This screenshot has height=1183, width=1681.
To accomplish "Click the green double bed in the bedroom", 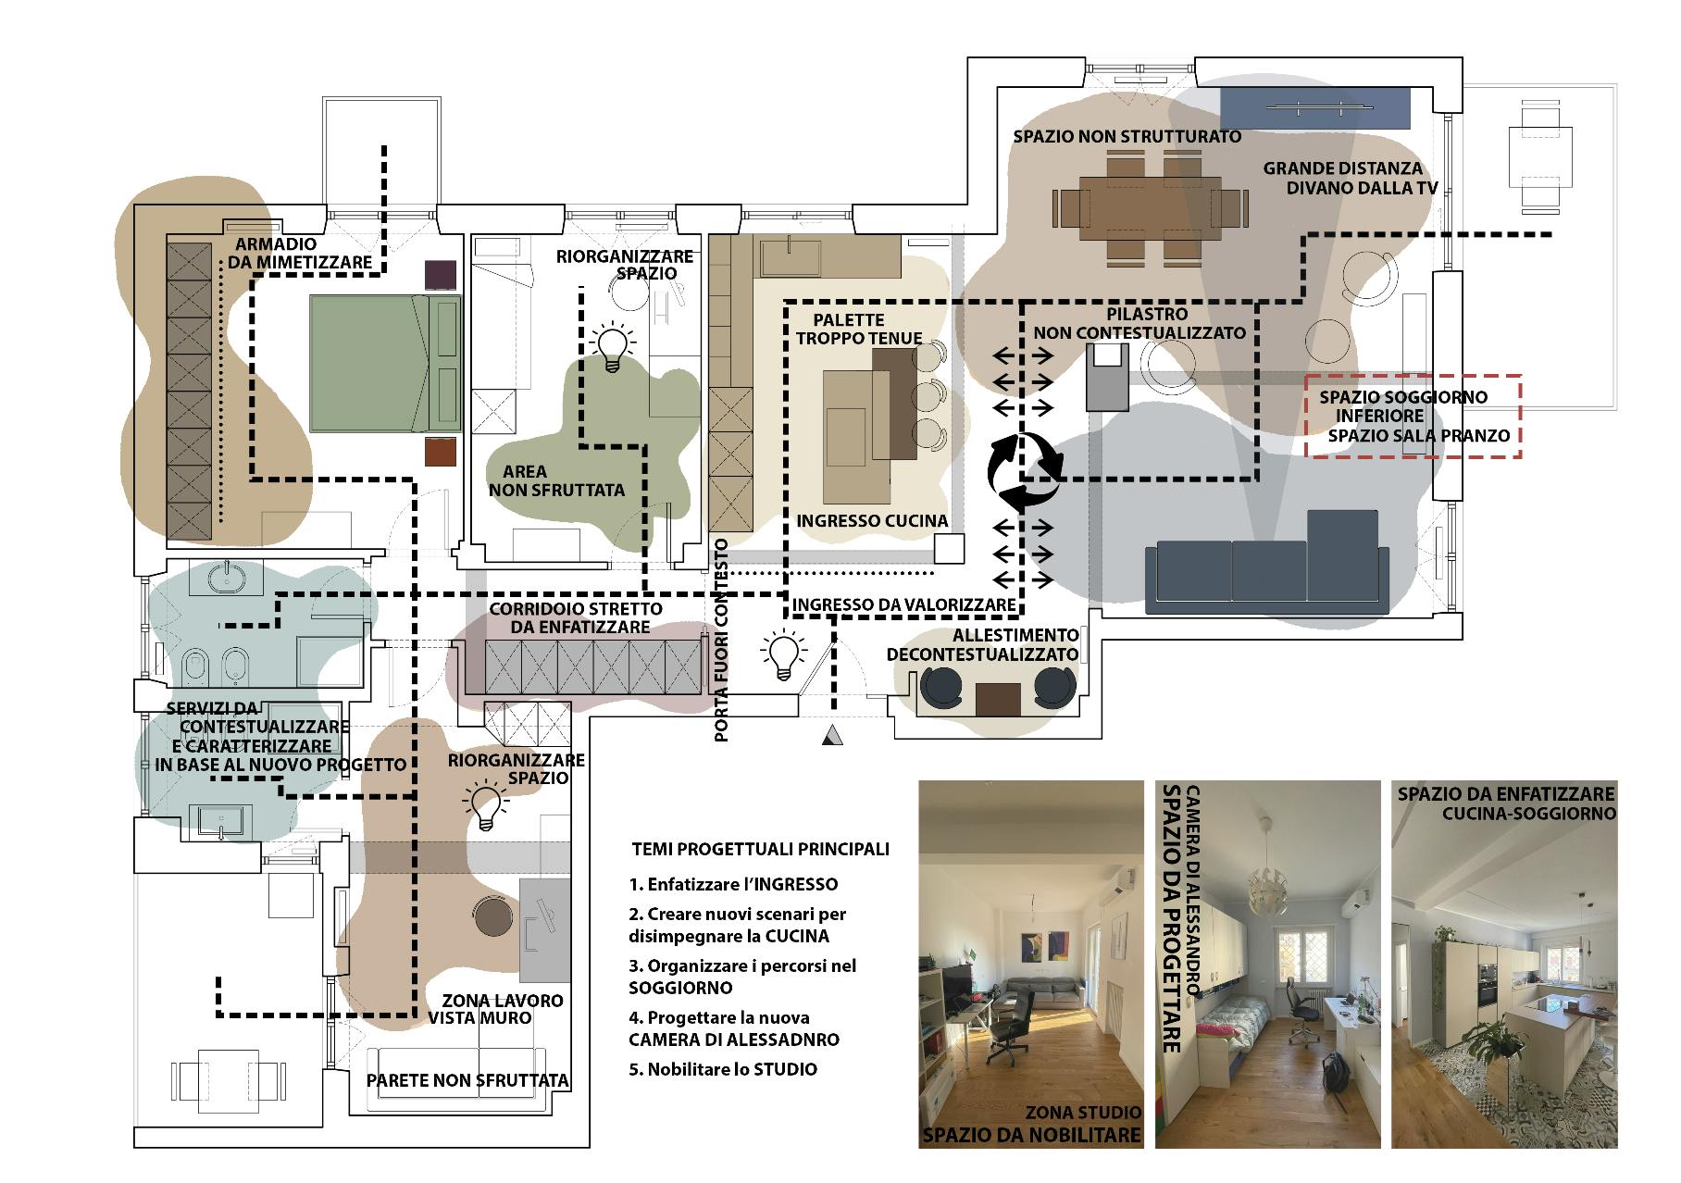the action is (385, 364).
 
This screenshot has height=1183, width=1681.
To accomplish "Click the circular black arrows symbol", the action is (1023, 472).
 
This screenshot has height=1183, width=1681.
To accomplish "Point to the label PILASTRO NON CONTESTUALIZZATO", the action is (1139, 323).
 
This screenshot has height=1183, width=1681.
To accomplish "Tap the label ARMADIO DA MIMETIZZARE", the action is (300, 254).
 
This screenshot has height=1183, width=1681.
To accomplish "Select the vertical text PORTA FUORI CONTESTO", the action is (722, 641).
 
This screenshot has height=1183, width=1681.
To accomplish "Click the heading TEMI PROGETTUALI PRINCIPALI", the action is (760, 849).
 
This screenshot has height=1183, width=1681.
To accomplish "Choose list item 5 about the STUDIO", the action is (723, 1069).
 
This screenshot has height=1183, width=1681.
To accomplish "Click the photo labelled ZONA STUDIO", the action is (1031, 965).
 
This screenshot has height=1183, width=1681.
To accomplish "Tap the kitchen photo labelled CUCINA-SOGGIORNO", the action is (1505, 965).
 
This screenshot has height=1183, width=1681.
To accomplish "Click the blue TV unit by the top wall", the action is (1314, 107).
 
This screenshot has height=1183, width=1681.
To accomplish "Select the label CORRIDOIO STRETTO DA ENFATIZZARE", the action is (576, 618).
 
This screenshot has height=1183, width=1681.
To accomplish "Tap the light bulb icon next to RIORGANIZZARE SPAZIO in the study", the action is (487, 807).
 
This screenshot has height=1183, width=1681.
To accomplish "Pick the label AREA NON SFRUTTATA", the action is (556, 481).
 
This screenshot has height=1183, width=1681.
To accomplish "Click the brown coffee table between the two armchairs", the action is (998, 699).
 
